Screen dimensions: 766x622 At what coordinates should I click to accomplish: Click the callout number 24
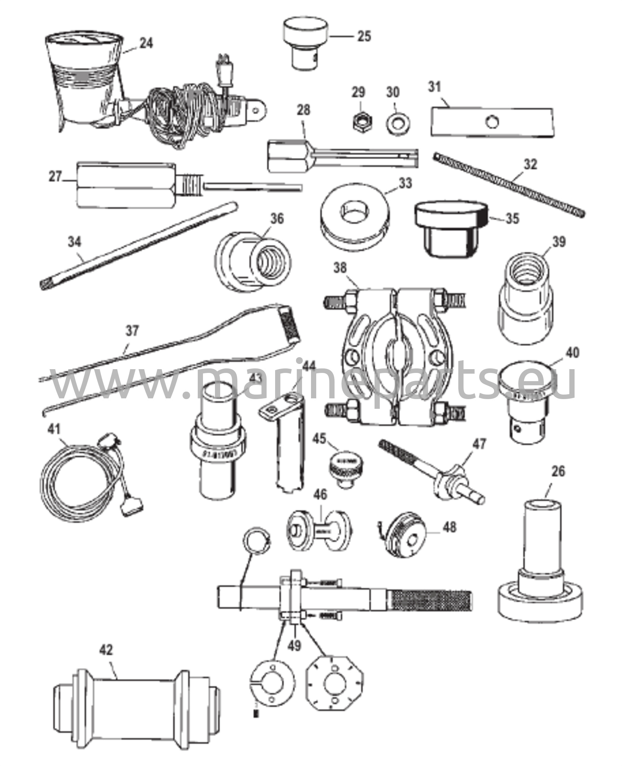146,43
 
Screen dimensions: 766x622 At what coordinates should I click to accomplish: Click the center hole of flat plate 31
492,121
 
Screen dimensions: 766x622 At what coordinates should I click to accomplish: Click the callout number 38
341,268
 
